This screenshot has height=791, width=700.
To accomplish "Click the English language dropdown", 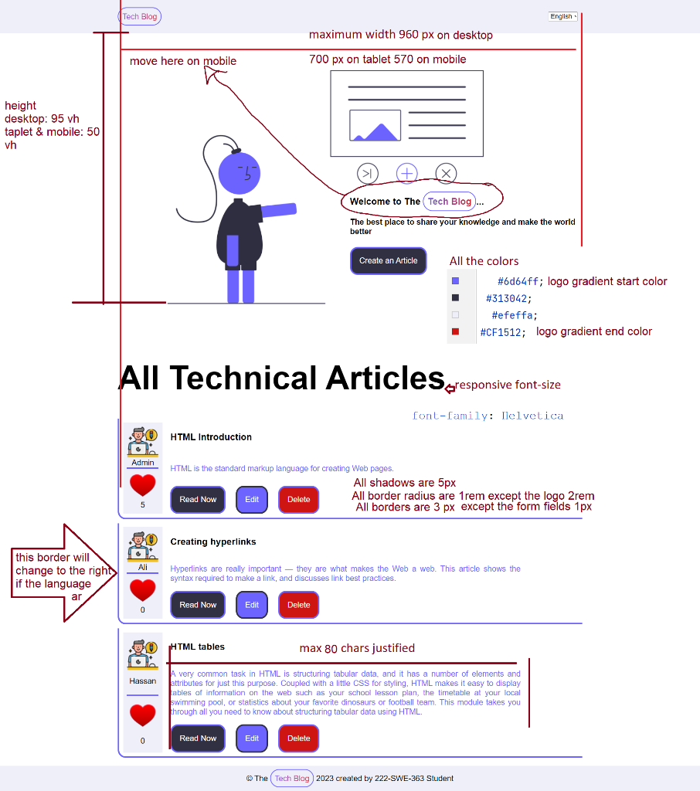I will [562, 16].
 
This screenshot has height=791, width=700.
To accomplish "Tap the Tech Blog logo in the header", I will [140, 16].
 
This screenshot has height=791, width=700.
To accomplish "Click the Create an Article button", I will [388, 261].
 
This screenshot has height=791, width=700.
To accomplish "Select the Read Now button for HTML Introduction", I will [198, 500].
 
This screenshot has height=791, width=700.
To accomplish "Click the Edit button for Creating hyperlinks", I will [252, 605].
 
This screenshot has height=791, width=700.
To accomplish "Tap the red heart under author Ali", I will [143, 590].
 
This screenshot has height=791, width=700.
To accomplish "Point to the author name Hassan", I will [143, 681].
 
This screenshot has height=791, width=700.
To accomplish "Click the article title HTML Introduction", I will [211, 437].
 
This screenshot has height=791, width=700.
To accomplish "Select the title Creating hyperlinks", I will [213, 542].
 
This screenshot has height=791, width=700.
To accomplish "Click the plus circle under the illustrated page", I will [407, 174].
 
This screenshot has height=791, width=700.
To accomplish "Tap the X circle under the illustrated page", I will [447, 174].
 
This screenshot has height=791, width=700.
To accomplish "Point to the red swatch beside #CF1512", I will [456, 331].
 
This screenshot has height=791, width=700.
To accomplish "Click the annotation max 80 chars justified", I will [357, 648].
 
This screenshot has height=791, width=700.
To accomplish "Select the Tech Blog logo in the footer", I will [292, 779].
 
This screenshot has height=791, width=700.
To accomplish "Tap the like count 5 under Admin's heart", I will [143, 505].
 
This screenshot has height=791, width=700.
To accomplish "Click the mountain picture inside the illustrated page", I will [375, 126].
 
